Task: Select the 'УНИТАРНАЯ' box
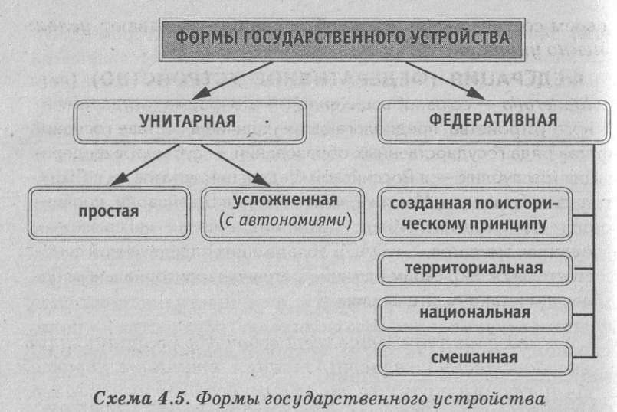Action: [x=189, y=122]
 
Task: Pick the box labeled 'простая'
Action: [x=107, y=210]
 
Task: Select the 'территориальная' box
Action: [x=475, y=269]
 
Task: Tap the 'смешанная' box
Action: [x=475, y=356]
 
